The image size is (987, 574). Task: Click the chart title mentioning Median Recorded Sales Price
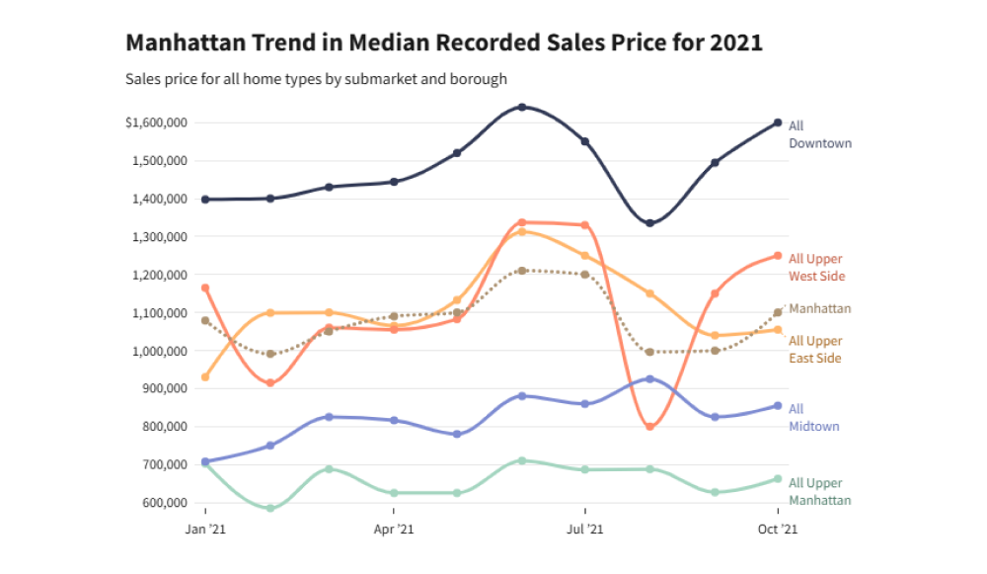(x=444, y=43)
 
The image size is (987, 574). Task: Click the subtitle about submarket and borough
(x=316, y=78)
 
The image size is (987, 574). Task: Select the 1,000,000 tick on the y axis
(x=161, y=351)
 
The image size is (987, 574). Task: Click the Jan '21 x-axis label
(x=205, y=530)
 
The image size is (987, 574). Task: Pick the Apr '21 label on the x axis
(x=394, y=530)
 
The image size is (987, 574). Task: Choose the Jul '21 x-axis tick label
(x=584, y=530)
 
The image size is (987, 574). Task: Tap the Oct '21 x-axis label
(x=778, y=530)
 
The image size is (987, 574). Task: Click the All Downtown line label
(x=819, y=134)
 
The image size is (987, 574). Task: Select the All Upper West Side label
(x=816, y=268)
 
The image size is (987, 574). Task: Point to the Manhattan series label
(x=819, y=309)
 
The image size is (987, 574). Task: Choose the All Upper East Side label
(x=815, y=350)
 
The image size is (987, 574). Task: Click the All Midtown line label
(x=808, y=418)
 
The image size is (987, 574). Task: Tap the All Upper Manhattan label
(x=819, y=492)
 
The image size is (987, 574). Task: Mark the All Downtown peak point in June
(x=522, y=107)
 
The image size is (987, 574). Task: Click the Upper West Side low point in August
(x=649, y=427)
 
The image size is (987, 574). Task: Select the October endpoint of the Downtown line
(x=778, y=123)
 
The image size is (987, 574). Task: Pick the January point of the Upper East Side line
(x=205, y=377)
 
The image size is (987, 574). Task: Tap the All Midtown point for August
(x=649, y=379)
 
